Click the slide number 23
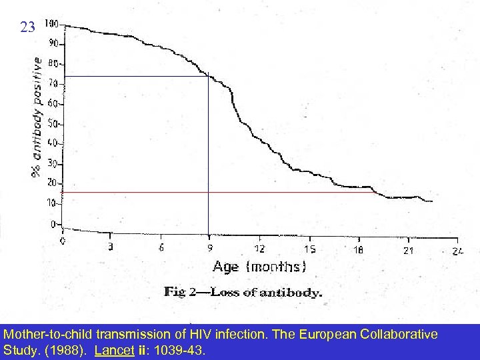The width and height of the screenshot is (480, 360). [x=27, y=27]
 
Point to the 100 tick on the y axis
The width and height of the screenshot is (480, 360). [x=51, y=25]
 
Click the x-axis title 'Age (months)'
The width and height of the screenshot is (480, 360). [x=259, y=267]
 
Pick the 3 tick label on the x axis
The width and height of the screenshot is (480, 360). [x=111, y=247]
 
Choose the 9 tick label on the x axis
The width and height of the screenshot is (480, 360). [x=209, y=248]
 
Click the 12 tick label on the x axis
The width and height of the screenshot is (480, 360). [x=259, y=249]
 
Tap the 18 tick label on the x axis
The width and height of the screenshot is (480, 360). [x=359, y=249]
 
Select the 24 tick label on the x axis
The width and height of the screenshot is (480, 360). [x=457, y=251]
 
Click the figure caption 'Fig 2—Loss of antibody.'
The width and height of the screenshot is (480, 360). [x=243, y=292]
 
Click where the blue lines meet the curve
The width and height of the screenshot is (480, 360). [x=209, y=76]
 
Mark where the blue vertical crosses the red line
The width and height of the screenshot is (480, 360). [x=209, y=192]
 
